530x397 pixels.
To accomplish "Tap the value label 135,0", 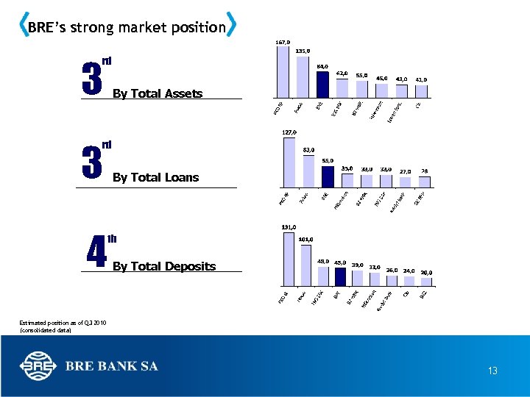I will click(x=303, y=51).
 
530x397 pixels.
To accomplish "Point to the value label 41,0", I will click(x=421, y=79).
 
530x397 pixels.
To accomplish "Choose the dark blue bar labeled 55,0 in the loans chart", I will click(x=328, y=176).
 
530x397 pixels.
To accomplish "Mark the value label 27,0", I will click(x=405, y=171).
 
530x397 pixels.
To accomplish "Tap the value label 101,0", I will click(x=306, y=239).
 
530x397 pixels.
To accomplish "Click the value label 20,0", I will click(x=427, y=272).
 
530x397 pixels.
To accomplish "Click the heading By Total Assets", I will click(x=158, y=93).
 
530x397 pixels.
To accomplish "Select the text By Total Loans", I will click(x=155, y=177).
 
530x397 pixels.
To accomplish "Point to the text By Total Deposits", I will click(x=164, y=266).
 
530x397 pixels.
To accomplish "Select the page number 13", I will click(x=492, y=371).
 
